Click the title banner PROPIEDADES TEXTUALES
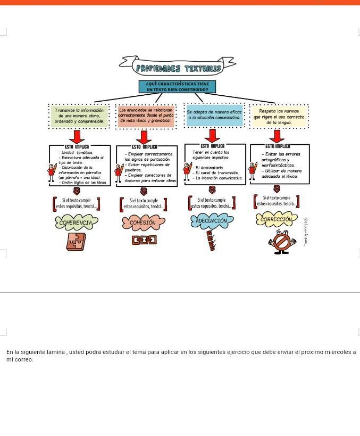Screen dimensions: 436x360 (178, 68)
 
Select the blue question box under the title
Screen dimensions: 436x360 (178, 87)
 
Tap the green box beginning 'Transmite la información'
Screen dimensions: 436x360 (79, 116)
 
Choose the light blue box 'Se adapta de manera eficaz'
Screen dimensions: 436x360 (214, 116)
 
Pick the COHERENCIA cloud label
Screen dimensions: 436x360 (76, 223)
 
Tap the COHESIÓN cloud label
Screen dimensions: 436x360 (143, 223)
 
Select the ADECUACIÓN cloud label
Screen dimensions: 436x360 (212, 220)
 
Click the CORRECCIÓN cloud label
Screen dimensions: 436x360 (276, 219)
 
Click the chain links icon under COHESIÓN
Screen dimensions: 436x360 (144, 241)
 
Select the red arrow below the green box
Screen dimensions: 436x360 (78, 136)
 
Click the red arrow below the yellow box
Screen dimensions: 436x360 (277, 136)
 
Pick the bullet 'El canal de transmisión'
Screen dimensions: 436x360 (216, 172)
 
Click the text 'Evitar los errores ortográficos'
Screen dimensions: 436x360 (281, 157)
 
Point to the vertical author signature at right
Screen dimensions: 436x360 (306, 231)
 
